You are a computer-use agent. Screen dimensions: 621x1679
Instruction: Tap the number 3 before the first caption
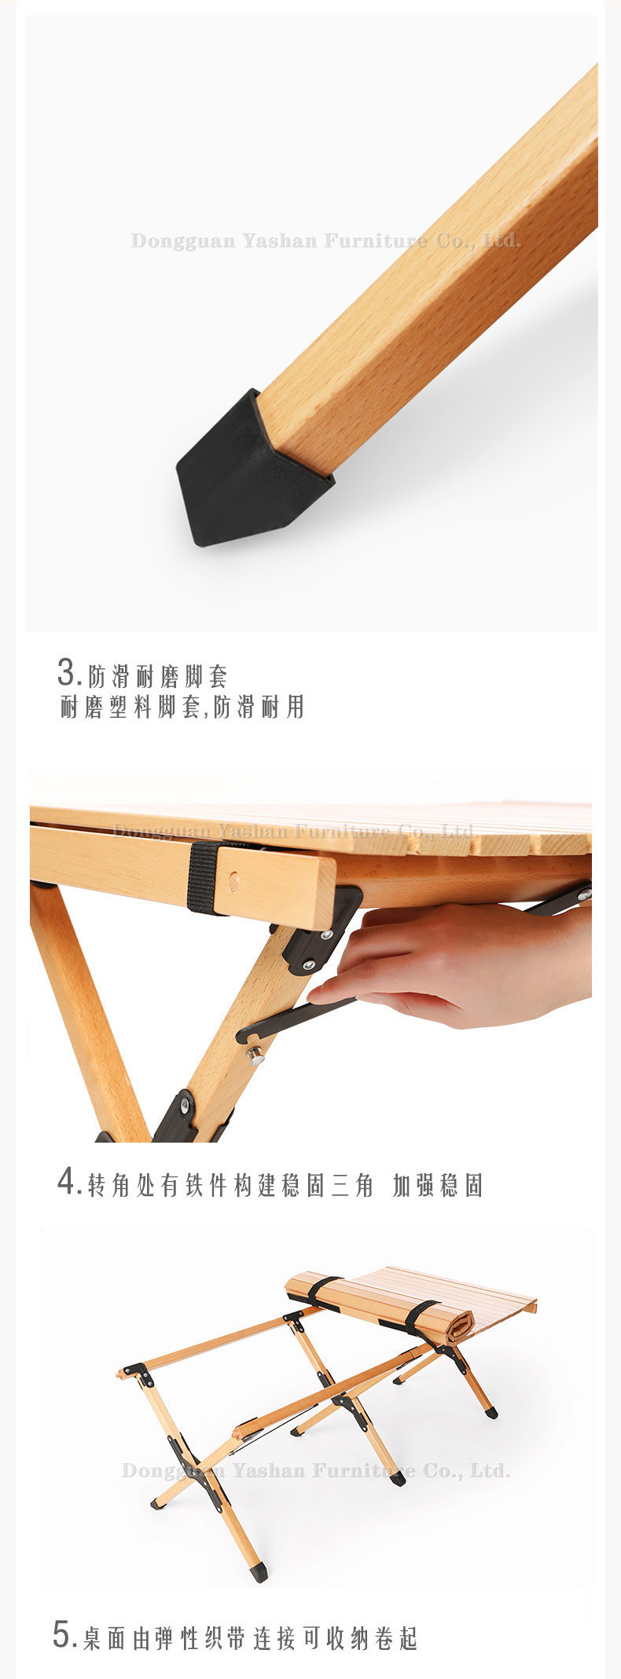pos(67,673)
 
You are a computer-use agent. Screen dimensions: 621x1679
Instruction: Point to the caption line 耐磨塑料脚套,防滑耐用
pos(182,707)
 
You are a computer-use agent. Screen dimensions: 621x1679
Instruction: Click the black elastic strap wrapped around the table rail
pos(204,877)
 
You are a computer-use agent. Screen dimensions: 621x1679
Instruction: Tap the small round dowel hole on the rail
pos(233,883)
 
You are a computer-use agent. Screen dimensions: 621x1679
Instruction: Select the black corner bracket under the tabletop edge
pos(318,933)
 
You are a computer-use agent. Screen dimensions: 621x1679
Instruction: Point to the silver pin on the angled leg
pos(255,1055)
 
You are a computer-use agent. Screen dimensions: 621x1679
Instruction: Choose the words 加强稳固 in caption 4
pos(437,1185)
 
